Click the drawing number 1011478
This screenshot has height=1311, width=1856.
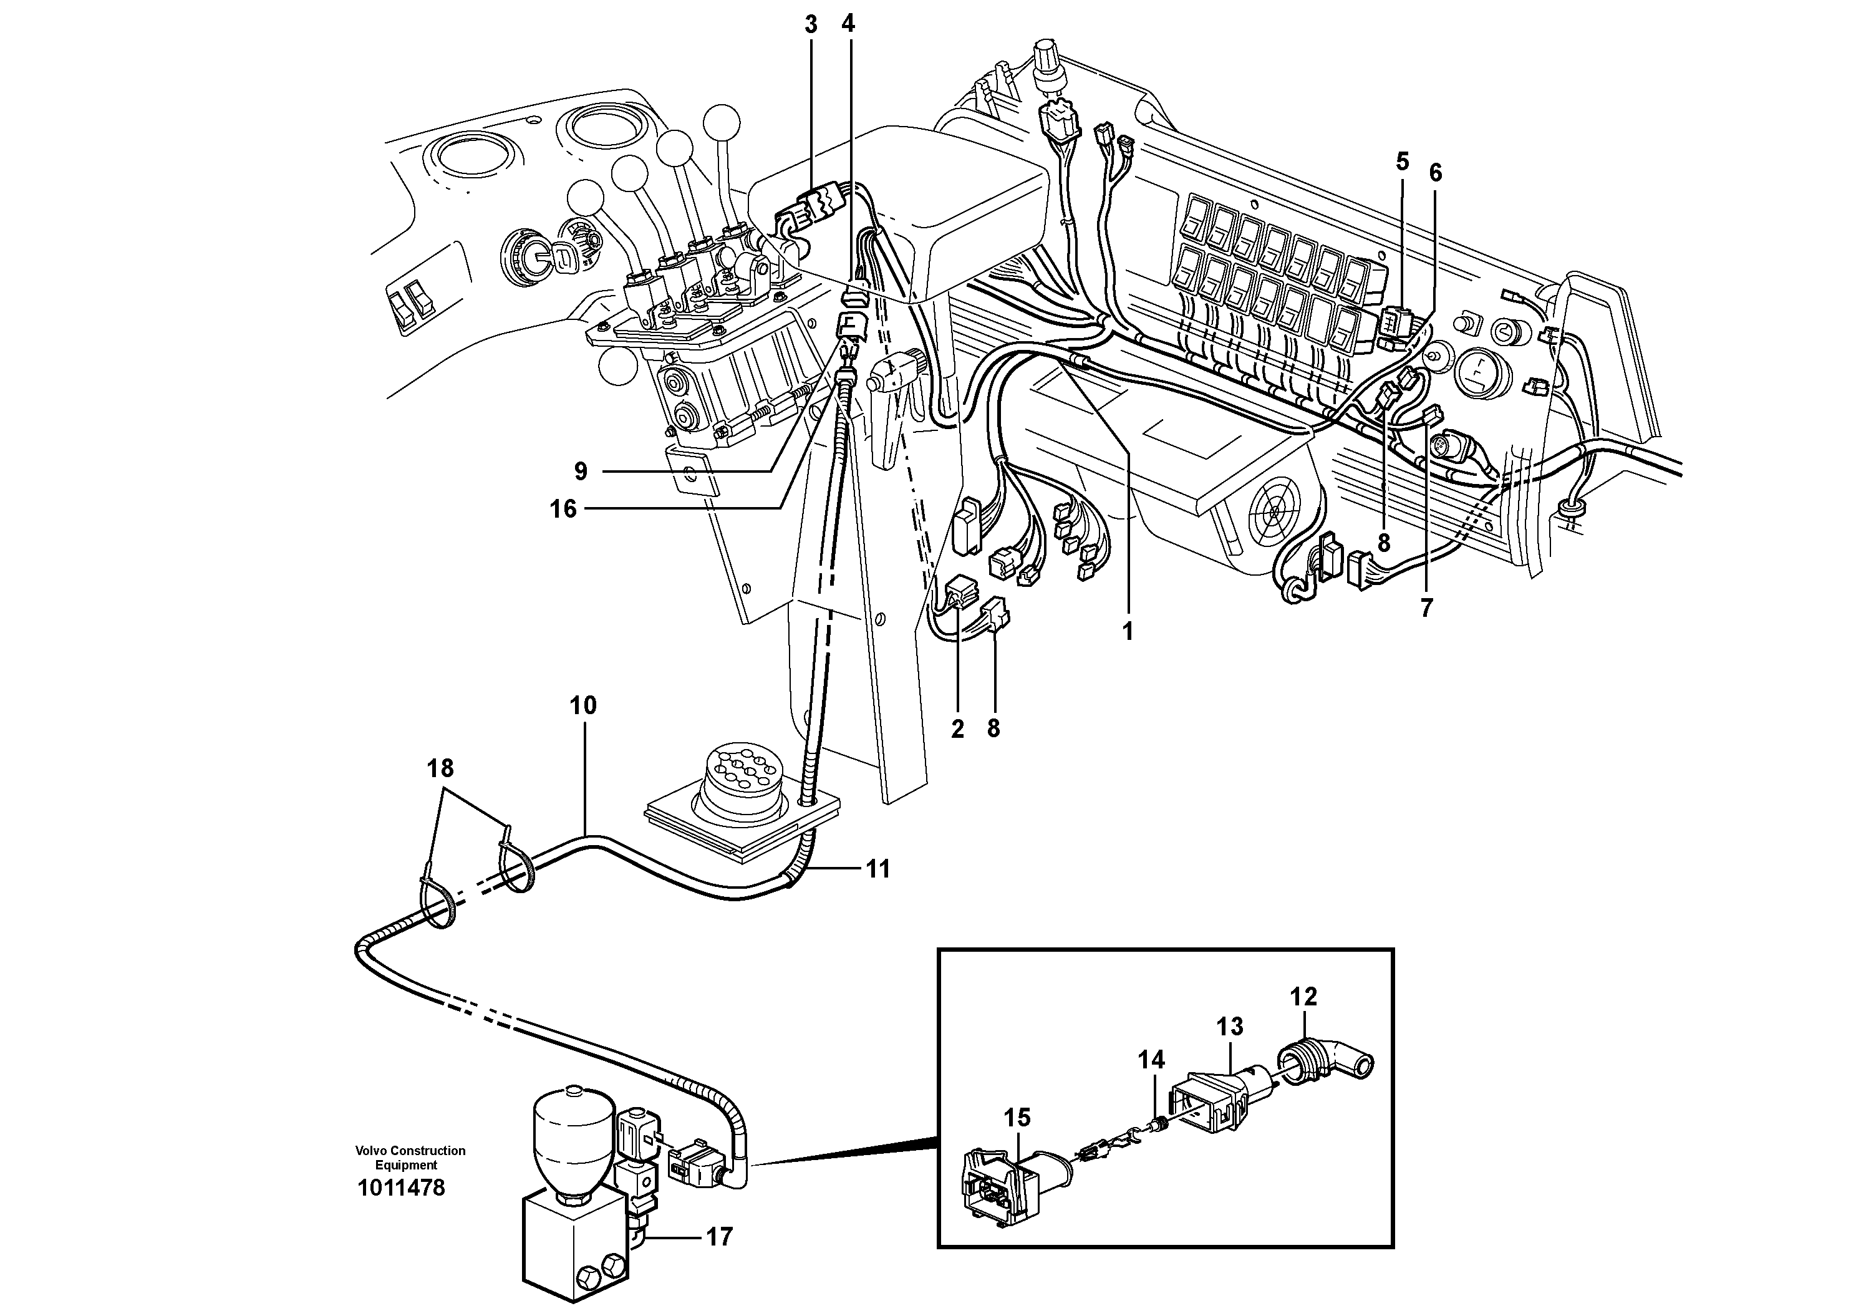click(401, 1188)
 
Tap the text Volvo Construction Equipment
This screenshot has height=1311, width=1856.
click(410, 1158)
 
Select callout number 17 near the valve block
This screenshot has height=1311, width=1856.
click(718, 1237)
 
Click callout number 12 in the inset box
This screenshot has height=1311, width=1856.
click(1303, 997)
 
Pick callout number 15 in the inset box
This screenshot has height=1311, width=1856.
click(1017, 1117)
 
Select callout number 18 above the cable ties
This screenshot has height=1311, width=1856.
click(440, 768)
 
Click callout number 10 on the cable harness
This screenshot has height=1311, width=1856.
click(583, 705)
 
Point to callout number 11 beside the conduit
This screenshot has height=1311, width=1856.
click(878, 869)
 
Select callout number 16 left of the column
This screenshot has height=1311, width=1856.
click(563, 508)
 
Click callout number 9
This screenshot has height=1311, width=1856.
click(581, 470)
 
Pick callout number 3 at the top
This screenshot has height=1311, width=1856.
click(811, 25)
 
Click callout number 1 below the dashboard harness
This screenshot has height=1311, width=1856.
click(1128, 631)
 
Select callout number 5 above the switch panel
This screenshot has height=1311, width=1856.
click(1403, 162)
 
